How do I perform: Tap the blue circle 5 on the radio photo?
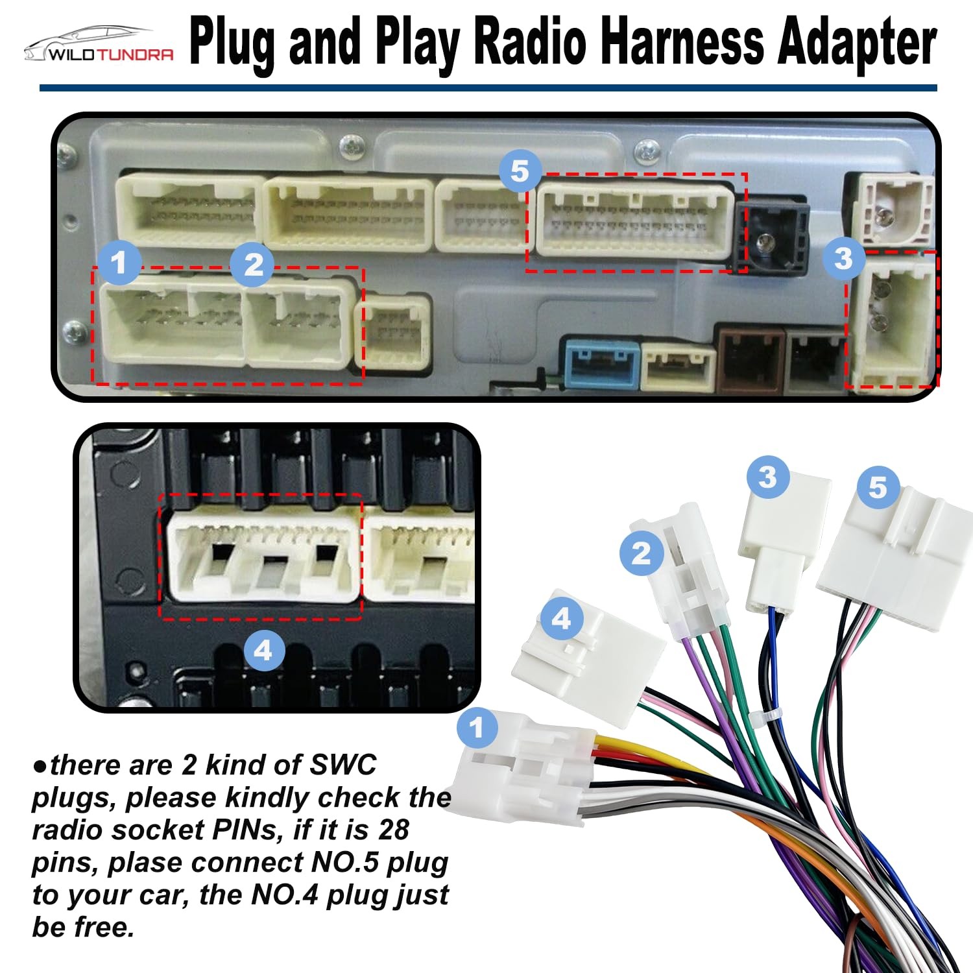pos(520,171)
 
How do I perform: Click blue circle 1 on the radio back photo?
pos(119,263)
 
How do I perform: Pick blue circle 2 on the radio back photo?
pos(254,265)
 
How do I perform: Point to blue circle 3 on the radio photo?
pos(843,259)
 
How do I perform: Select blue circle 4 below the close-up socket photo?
pos(263,649)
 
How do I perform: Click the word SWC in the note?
pos(343,765)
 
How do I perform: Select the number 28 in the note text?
pos(393,830)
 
